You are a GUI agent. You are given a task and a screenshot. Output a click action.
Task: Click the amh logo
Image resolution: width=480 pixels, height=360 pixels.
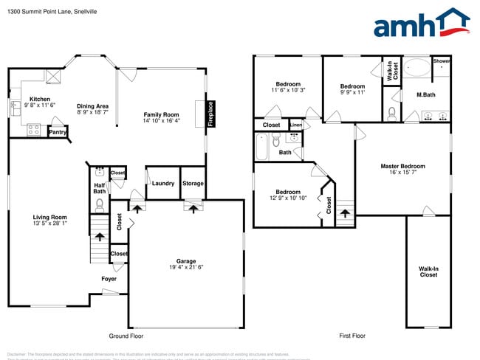422,24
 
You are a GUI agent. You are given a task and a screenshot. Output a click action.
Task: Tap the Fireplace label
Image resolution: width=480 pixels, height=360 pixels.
210,114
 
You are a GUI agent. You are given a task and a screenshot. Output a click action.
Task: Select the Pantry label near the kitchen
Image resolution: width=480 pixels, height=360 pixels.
57,132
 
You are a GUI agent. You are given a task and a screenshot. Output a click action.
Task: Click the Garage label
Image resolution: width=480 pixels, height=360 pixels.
186,261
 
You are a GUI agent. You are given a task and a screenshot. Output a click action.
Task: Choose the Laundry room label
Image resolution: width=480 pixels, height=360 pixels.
163,184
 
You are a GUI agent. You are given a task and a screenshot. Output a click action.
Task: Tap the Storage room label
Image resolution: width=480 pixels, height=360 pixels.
193,184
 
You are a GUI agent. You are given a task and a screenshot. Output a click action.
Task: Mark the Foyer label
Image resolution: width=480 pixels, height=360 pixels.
109,279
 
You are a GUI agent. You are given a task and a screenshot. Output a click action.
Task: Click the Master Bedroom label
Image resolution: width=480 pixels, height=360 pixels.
404,166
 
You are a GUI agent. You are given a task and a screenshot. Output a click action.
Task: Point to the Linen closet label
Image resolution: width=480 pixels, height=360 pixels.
296,125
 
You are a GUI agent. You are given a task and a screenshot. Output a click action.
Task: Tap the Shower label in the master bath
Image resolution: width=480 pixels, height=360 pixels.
442,60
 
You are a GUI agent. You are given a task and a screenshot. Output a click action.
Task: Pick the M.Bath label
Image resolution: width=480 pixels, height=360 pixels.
425,94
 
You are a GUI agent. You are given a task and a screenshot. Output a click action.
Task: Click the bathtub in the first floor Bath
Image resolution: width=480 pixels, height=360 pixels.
263,147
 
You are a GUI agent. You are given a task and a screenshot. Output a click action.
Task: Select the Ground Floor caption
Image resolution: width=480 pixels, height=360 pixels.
126,336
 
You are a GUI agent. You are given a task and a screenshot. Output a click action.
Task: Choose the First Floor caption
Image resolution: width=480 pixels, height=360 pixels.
352,336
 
